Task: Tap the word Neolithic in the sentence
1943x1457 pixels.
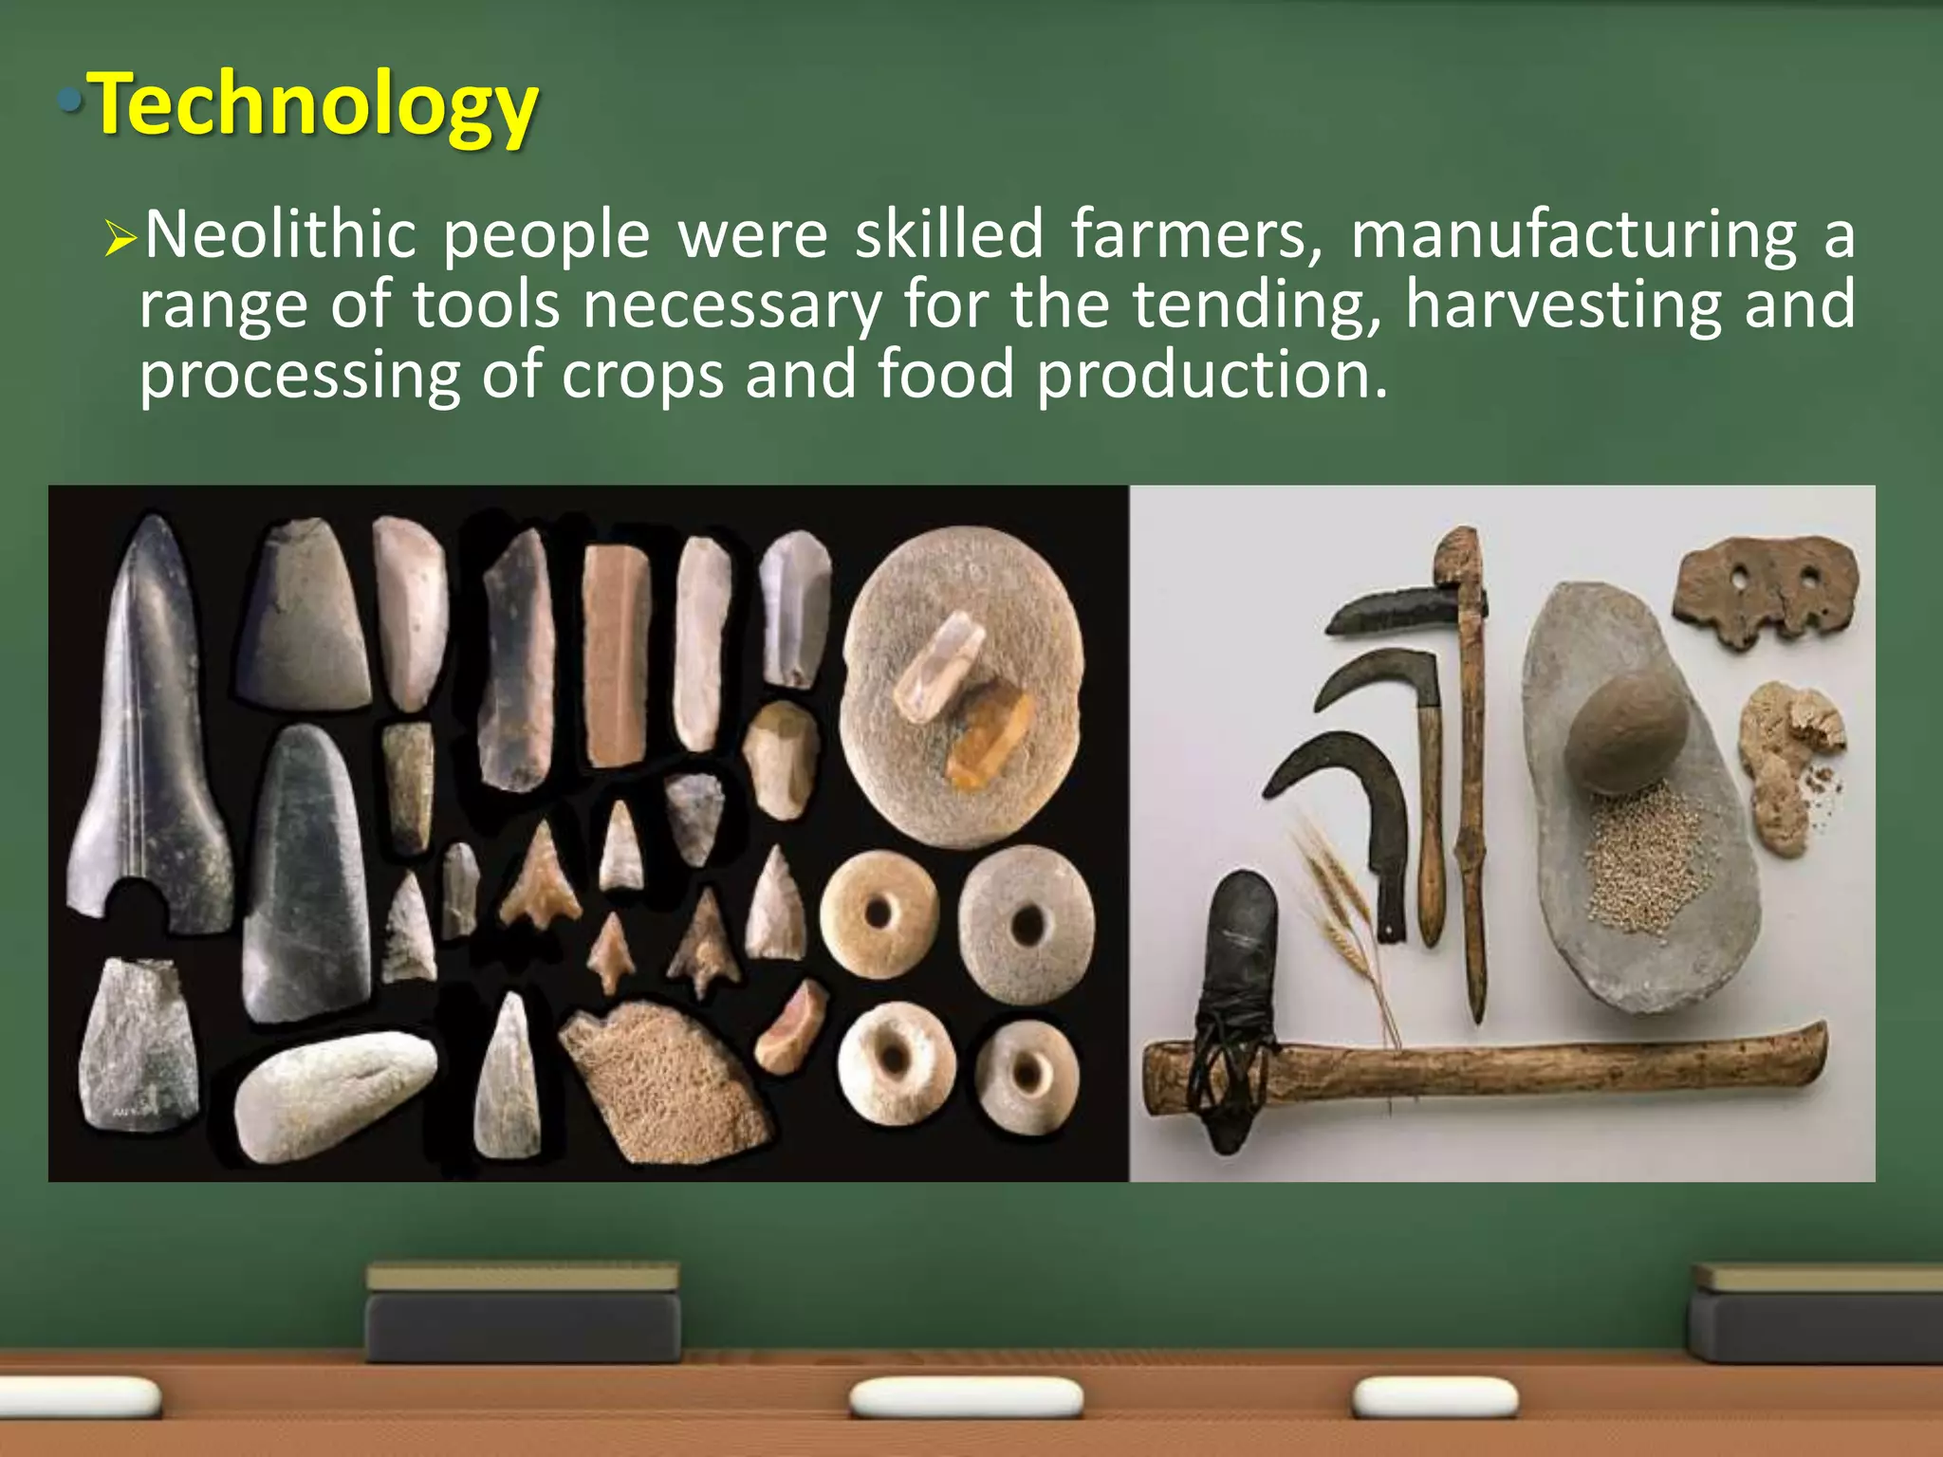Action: (x=281, y=234)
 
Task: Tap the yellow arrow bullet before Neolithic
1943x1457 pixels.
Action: (x=120, y=238)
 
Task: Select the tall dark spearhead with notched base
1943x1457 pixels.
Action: (x=152, y=730)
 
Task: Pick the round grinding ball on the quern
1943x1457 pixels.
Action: (x=1625, y=731)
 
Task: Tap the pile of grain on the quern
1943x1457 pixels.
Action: (x=1643, y=858)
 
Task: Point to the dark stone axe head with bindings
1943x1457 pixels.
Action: (x=1234, y=996)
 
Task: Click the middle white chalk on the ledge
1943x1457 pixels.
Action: (x=965, y=1398)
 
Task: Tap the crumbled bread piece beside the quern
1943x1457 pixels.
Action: (x=1788, y=764)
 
